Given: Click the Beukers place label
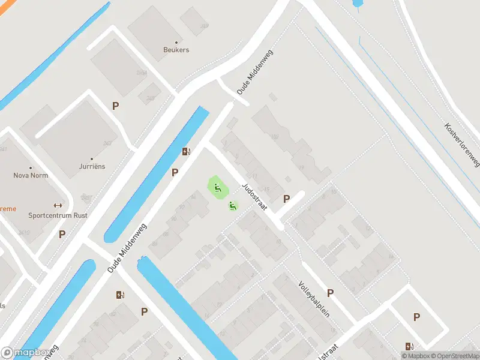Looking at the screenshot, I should (176, 50).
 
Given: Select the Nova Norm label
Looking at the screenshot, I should (31, 176).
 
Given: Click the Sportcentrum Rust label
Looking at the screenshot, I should (58, 215).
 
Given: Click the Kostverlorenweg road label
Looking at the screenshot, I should (462, 145).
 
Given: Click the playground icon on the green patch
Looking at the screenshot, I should (218, 188).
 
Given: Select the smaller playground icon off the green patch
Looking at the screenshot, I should (233, 206).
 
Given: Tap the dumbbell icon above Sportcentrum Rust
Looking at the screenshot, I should (58, 205).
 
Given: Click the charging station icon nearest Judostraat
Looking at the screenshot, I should (187, 151).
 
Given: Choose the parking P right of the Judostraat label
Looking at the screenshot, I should (286, 199).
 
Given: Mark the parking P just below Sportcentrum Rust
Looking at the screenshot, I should (62, 234).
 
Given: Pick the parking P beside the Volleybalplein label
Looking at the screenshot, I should (331, 293).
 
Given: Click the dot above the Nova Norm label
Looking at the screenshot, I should (31, 167).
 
